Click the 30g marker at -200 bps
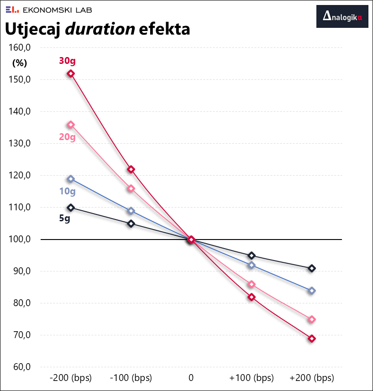tap(71, 73)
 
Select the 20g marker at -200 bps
tap(71, 125)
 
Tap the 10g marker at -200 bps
tap(71, 179)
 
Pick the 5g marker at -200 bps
tap(71, 208)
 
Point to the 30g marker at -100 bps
tap(131, 169)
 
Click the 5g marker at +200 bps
tap(312, 268)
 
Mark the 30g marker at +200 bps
tap(312, 339)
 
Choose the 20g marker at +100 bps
tap(252, 284)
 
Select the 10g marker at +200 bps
tap(312, 291)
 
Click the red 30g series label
tap(67, 61)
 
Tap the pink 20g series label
tap(67, 136)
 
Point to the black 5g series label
tap(64, 218)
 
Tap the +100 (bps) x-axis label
tap(252, 378)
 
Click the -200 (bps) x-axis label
tap(71, 378)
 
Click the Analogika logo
tap(342, 17)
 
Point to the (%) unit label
tap(20, 63)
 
